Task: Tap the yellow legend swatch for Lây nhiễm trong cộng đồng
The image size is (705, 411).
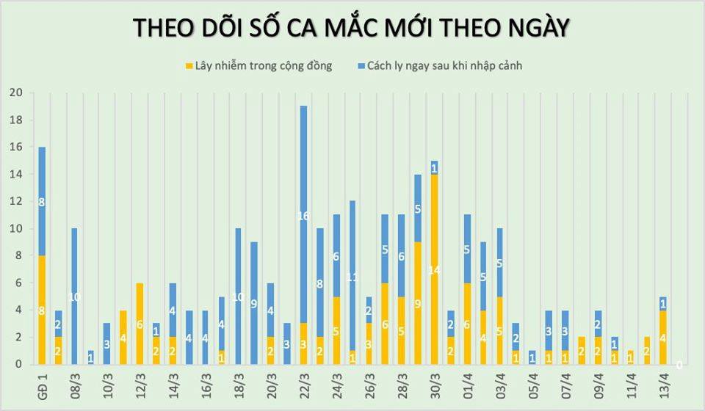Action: point(189,66)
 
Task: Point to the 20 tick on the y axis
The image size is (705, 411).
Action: point(15,93)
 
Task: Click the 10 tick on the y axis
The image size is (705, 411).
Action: point(15,229)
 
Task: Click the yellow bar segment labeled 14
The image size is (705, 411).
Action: point(434,269)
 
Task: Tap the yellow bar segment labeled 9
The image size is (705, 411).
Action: point(418,303)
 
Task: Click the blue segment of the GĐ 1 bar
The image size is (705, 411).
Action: point(42,201)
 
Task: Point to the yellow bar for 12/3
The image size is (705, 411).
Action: point(140,324)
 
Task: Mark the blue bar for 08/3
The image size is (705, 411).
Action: point(74,296)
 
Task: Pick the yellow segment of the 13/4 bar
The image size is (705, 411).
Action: point(662,338)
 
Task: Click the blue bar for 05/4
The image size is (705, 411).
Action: point(532,357)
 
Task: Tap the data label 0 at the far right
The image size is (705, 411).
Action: point(679,364)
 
